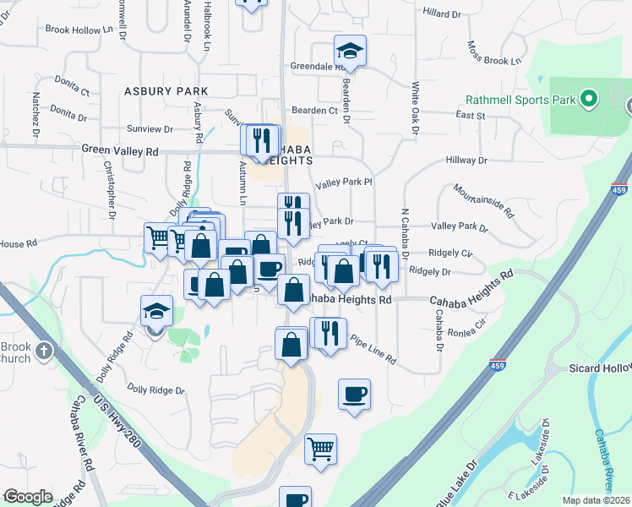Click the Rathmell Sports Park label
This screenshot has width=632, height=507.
tap(521, 100)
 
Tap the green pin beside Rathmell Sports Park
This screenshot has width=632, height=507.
tap(589, 100)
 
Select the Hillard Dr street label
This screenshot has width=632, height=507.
tap(446, 14)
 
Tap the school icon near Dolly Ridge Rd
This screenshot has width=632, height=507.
tap(157, 312)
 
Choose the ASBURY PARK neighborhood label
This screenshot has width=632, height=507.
tap(166, 90)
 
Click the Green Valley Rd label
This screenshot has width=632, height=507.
tap(120, 150)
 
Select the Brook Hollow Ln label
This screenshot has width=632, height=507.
tap(79, 30)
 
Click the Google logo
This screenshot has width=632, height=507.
tap(28, 497)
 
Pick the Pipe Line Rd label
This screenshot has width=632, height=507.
tap(372, 348)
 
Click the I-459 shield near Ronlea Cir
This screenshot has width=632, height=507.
tap(499, 363)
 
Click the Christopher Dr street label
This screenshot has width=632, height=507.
tap(111, 194)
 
